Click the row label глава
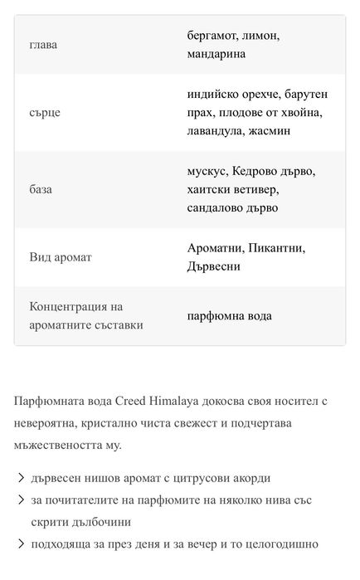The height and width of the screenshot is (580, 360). [43, 44]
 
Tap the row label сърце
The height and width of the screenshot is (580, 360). [45, 111]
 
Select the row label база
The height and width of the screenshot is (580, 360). [41, 188]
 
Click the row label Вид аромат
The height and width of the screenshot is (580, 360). [61, 257]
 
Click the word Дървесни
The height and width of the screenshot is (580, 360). [214, 266]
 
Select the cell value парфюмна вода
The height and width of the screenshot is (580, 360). [230, 315]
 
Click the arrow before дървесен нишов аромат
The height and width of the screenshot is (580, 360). [19, 479]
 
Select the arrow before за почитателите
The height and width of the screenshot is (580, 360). [19, 500]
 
